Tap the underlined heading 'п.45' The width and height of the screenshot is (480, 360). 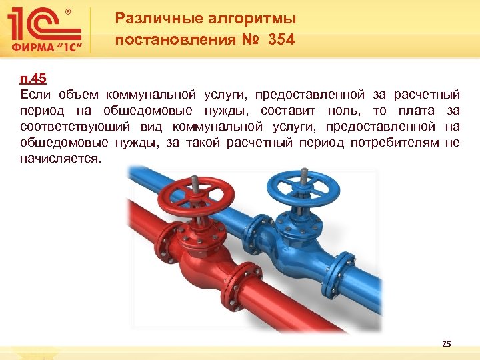click(x=33, y=79)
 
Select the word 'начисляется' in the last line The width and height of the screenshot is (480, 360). click(x=61, y=159)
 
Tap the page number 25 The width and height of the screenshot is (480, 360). click(x=446, y=343)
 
